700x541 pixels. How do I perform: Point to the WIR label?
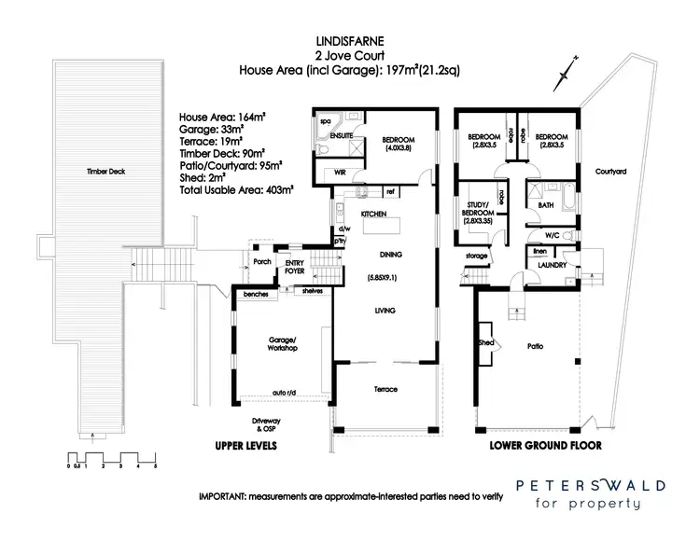pyautogui.click(x=328, y=173)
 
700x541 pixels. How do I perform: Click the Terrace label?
pyautogui.click(x=385, y=389)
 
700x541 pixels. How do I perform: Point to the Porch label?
pyautogui.click(x=260, y=262)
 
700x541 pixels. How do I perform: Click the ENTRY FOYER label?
pyautogui.click(x=295, y=267)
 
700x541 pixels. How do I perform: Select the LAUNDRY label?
pyautogui.click(x=553, y=267)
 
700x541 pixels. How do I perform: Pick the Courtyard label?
pyautogui.click(x=609, y=172)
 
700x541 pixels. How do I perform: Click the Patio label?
pyautogui.click(x=535, y=346)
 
